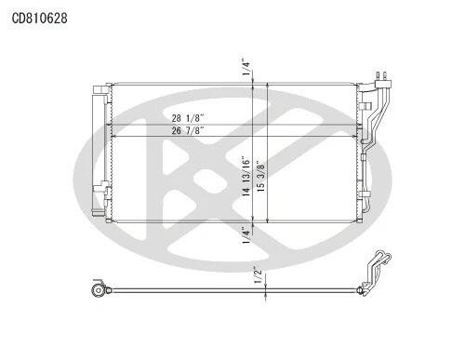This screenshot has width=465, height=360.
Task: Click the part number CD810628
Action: tap(39, 17)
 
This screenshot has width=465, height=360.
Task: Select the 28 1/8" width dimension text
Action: tap(188, 119)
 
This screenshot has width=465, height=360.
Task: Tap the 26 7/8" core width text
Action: tap(188, 131)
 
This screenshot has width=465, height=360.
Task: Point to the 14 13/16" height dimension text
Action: tap(245, 176)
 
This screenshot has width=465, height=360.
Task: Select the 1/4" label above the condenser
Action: tap(245, 67)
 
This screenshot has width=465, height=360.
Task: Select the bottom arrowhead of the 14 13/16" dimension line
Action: tap(253, 219)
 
